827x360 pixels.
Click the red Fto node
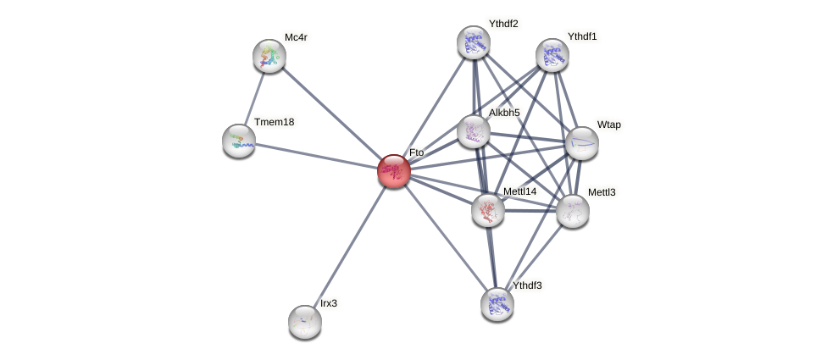pyautogui.click(x=394, y=171)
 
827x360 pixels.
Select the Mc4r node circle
pyautogui.click(x=269, y=56)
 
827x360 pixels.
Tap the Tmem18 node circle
pyautogui.click(x=239, y=141)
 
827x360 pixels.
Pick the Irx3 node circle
pyautogui.click(x=305, y=322)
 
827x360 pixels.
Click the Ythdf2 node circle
pyautogui.click(x=474, y=42)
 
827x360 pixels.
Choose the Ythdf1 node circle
pyautogui.click(x=552, y=55)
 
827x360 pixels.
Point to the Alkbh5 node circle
pyautogui.click(x=474, y=131)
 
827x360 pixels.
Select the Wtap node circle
pyautogui.click(x=582, y=143)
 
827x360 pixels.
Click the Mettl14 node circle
pyautogui.click(x=488, y=210)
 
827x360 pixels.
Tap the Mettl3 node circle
pyautogui.click(x=573, y=211)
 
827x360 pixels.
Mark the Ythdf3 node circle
pyautogui.click(x=497, y=304)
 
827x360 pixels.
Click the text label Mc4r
pyautogui.click(x=296, y=37)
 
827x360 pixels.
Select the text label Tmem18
pyautogui.click(x=274, y=122)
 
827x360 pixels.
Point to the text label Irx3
pyautogui.click(x=328, y=303)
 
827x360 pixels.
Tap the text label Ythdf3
pyautogui.click(x=526, y=285)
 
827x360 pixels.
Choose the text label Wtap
pyautogui.click(x=608, y=125)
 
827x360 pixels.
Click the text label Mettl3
pyautogui.click(x=602, y=192)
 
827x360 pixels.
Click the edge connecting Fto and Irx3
pyautogui.click(x=349, y=246)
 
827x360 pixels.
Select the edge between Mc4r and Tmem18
pyautogui.click(x=254, y=98)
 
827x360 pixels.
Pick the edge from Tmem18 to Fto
pyautogui.click(x=316, y=156)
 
